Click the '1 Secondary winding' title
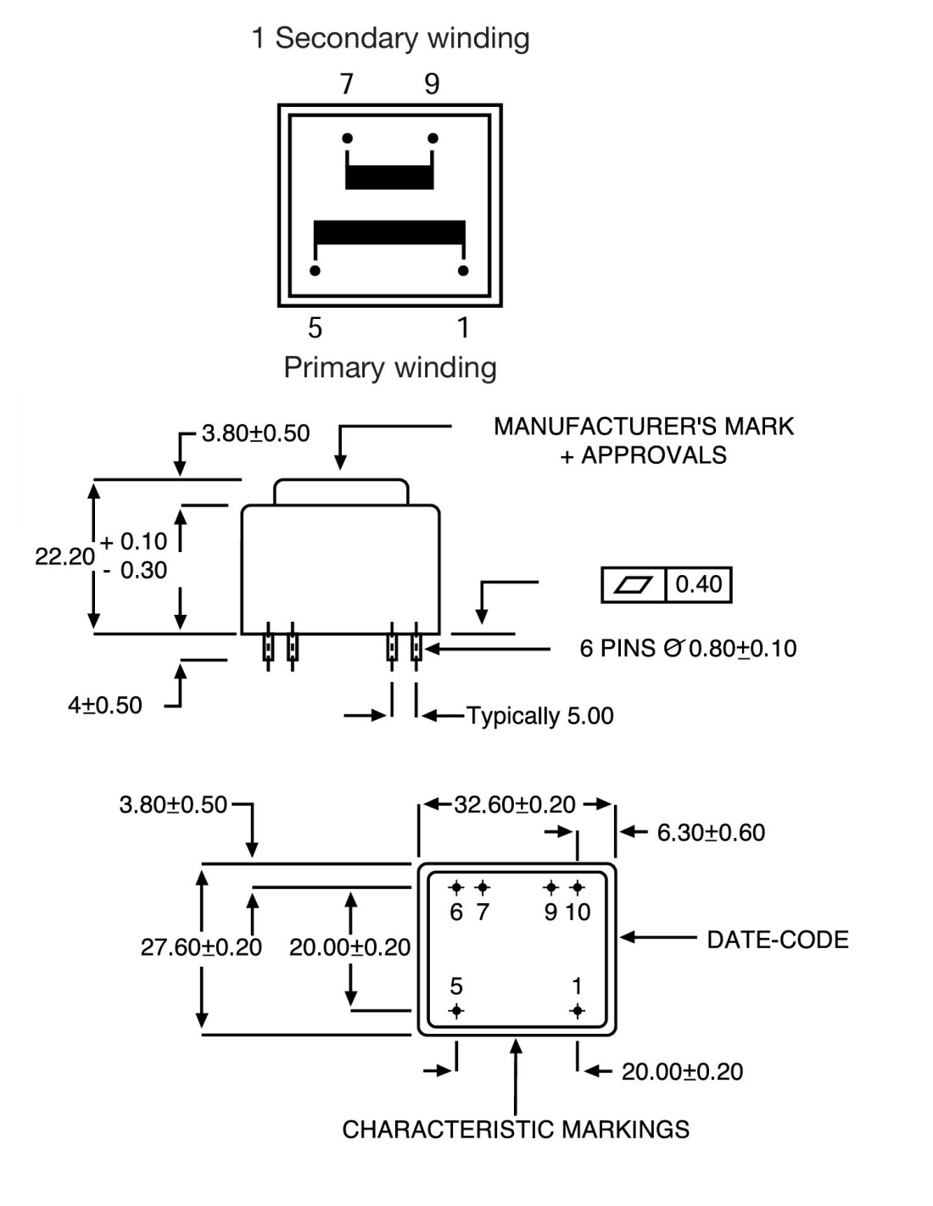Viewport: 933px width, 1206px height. (390, 38)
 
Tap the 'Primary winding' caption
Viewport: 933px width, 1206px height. (390, 367)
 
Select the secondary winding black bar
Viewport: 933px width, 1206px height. (389, 176)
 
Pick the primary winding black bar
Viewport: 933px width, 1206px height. (389, 233)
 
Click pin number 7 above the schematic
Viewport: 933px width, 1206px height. (346, 84)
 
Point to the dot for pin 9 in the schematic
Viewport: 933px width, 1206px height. (433, 138)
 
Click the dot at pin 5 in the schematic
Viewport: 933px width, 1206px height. (316, 271)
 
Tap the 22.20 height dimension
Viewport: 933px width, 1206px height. (64, 556)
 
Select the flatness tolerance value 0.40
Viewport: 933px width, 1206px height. (698, 584)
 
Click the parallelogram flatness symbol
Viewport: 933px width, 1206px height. (633, 584)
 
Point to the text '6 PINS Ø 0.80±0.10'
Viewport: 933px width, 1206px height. (688, 649)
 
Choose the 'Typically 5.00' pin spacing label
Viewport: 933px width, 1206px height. (540, 716)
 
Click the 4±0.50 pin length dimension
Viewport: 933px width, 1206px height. (105, 706)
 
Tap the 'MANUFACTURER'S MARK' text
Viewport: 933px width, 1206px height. (644, 426)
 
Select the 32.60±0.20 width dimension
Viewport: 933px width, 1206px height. (515, 804)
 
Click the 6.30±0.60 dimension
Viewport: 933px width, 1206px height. (711, 833)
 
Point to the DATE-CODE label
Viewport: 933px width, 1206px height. (778, 940)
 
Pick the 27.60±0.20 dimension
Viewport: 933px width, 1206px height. (201, 947)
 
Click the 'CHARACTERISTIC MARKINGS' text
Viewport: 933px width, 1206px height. (516, 1130)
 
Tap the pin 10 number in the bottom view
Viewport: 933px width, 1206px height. (578, 913)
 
